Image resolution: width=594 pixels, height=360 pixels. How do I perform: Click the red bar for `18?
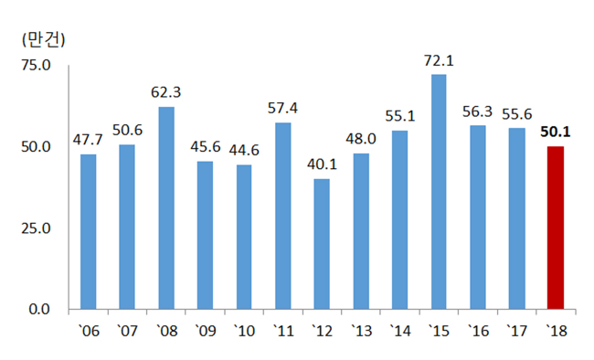coord(556,228)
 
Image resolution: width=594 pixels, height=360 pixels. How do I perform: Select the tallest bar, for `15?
coord(439,192)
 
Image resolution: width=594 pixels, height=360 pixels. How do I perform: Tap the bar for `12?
coord(322,244)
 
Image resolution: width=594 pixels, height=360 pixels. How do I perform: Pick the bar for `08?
coord(166,208)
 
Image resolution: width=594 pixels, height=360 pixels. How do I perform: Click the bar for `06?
coord(89,231)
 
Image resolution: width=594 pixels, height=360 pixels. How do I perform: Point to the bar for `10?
coord(244,237)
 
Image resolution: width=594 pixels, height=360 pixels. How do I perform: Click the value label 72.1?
coord(439,60)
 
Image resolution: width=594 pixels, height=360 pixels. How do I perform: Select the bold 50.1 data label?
coord(556,132)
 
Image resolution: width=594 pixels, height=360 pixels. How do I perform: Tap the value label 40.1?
coord(322,164)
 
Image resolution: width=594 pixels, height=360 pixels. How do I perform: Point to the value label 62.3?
coord(166,92)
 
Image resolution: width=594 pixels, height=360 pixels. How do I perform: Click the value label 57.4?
coord(282,109)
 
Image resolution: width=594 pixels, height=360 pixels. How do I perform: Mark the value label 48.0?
coord(361,139)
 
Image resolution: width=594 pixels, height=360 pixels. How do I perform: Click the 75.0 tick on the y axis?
coord(36,65)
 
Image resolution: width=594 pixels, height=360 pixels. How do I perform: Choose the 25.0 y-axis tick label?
coord(36,228)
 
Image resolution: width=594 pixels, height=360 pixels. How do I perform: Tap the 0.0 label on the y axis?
coord(39,310)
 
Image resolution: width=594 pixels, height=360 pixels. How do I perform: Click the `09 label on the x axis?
coord(206,331)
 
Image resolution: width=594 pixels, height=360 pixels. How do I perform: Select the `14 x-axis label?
coord(400,331)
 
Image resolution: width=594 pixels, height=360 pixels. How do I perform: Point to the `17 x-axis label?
coord(516,331)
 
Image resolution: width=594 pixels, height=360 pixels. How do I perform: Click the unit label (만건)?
coord(44,40)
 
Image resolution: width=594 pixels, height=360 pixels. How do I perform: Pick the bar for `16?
coord(478,217)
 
